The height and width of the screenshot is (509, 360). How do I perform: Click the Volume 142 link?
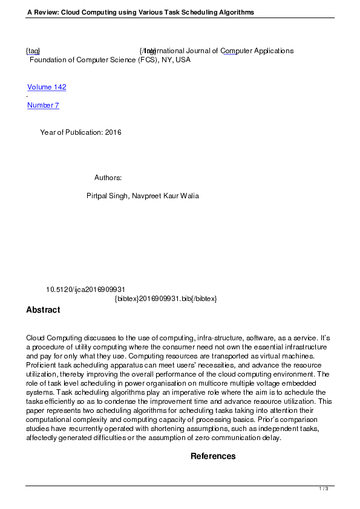tap(47, 87)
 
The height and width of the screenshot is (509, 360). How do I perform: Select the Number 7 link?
tap(43, 105)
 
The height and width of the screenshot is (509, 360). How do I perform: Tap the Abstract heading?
tap(43, 310)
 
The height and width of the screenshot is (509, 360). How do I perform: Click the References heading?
tap(213, 456)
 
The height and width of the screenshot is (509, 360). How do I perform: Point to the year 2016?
tap(113, 132)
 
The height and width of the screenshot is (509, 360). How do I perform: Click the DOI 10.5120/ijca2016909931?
tap(85, 290)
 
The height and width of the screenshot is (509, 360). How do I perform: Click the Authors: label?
tap(108, 178)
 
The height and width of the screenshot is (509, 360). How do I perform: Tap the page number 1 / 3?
tap(324, 488)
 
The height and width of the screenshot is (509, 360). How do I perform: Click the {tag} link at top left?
tap(33, 51)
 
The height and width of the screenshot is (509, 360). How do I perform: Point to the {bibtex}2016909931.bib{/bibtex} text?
tap(165, 299)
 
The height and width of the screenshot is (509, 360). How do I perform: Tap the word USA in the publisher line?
tap(183, 60)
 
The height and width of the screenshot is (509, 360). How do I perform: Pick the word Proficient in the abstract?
tap(42, 365)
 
